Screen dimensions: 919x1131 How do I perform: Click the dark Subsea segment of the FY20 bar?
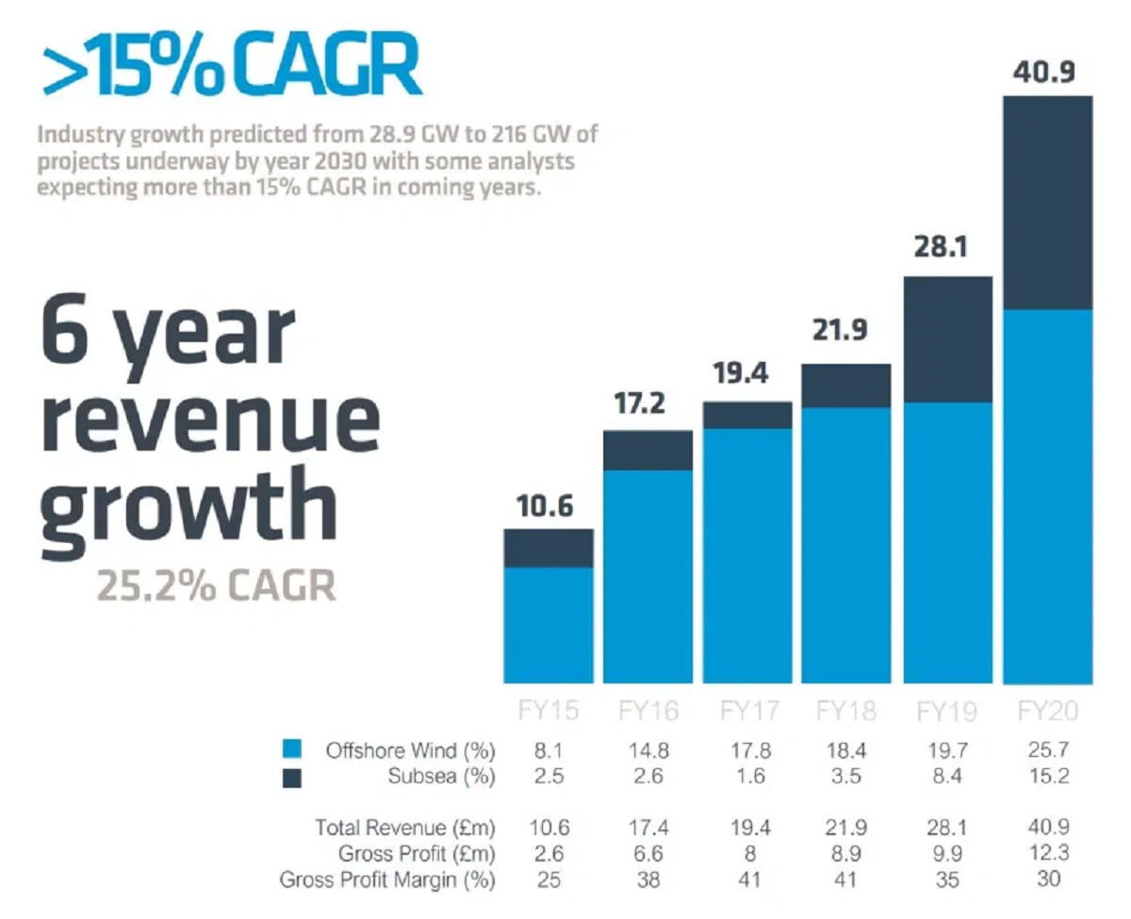(x=1048, y=203)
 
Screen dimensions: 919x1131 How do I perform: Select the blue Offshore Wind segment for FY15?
(x=549, y=625)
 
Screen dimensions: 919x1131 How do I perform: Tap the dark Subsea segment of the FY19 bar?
(x=948, y=339)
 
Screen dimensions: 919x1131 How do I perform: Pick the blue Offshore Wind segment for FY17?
(x=747, y=555)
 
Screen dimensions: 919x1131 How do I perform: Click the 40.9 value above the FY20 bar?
(x=1047, y=73)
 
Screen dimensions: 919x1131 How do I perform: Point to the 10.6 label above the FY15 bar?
(x=545, y=507)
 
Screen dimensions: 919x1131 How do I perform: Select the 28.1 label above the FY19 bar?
(x=946, y=248)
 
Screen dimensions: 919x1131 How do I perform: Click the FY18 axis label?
(x=846, y=710)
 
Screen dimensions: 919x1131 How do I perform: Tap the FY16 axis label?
(x=647, y=710)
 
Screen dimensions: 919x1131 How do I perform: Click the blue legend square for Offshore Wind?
(x=292, y=750)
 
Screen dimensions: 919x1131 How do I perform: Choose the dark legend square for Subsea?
(x=292, y=778)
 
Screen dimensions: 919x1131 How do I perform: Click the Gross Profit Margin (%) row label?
(x=387, y=879)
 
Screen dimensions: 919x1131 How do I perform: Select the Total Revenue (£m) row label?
(x=405, y=828)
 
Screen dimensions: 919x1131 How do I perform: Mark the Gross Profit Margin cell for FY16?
(x=647, y=879)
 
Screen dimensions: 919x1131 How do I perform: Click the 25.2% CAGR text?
(x=216, y=585)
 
